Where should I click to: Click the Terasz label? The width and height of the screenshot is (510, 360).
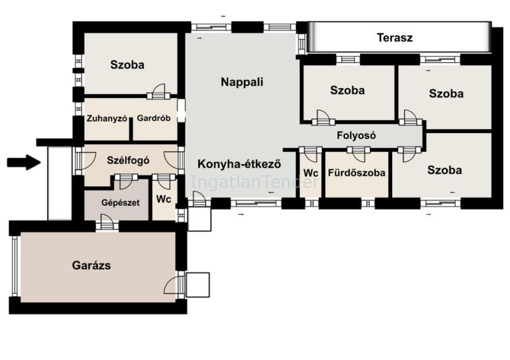[x=395, y=38]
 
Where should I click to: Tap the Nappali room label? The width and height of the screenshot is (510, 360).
[x=242, y=82]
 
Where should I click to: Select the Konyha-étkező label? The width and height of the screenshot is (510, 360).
[x=239, y=164]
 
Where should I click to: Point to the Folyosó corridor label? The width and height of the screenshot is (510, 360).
[x=356, y=135]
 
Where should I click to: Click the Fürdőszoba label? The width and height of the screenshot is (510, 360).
[x=356, y=173]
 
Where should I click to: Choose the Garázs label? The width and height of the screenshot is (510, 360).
[x=91, y=265]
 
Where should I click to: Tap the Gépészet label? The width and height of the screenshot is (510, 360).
[x=120, y=203]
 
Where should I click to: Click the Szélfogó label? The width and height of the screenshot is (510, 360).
[x=128, y=161]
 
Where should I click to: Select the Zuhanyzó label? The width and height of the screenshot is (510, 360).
[x=106, y=119]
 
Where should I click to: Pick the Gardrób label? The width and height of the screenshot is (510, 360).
[x=154, y=118]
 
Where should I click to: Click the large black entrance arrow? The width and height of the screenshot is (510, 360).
[x=24, y=162]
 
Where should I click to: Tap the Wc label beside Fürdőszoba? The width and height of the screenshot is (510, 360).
[x=310, y=173]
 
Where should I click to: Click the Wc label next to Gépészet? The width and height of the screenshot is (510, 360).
[x=164, y=199]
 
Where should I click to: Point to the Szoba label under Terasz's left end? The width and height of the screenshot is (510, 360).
[x=347, y=90]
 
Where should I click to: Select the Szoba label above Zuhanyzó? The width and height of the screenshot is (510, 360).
[x=127, y=65]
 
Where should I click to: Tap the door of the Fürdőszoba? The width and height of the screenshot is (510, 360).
[x=358, y=154]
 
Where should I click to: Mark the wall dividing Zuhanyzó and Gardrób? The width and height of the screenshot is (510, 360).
[x=131, y=129]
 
